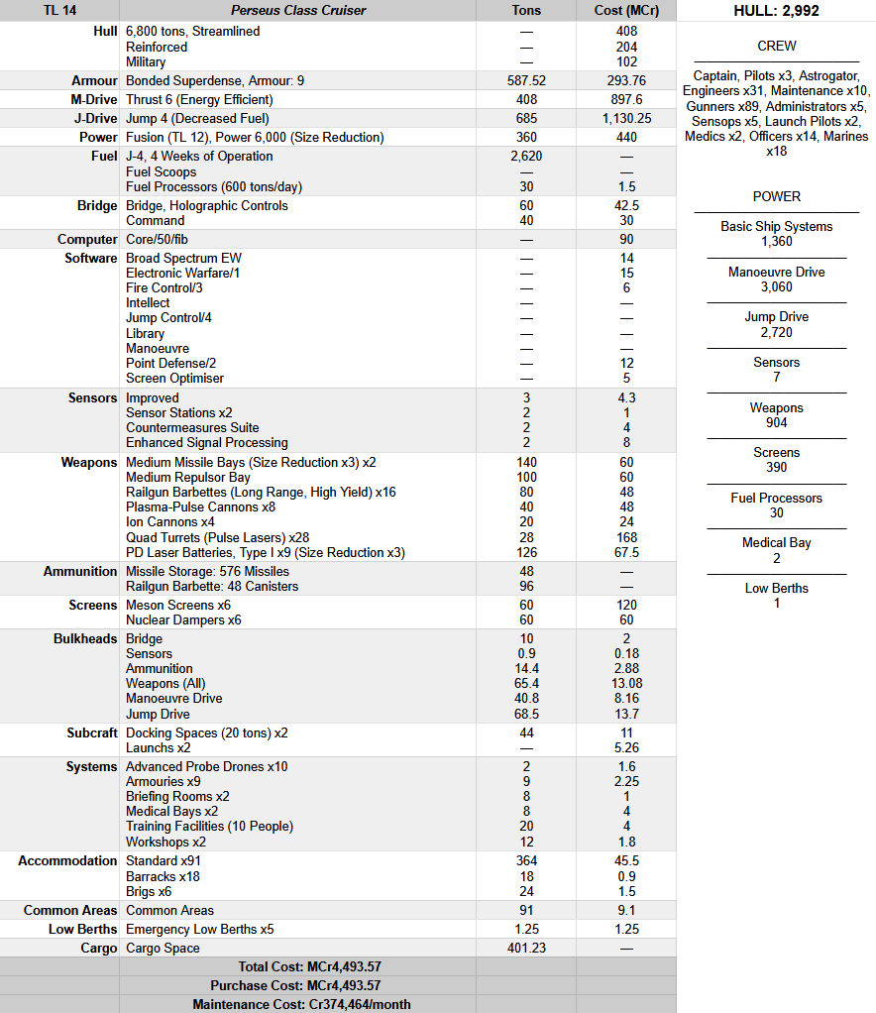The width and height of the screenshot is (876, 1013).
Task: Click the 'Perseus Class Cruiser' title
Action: [x=298, y=11]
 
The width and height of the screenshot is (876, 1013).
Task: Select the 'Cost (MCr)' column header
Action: [x=625, y=11]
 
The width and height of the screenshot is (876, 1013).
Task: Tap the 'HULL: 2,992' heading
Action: [x=776, y=11]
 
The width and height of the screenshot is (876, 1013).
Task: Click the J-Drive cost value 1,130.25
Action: [x=626, y=119]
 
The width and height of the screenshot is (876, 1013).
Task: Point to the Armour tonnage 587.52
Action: [x=526, y=81]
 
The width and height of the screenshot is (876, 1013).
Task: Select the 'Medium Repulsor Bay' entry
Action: [x=188, y=477]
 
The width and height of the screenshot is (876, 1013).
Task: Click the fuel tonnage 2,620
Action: [x=526, y=157]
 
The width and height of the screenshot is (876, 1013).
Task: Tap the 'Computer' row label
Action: [x=87, y=240]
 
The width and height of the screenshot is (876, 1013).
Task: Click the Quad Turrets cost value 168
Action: [x=626, y=537]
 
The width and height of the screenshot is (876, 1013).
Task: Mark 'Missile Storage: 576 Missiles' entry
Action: [x=207, y=571]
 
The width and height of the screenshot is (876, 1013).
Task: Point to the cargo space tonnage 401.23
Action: [x=526, y=949]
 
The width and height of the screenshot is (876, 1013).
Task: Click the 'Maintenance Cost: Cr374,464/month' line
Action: [x=301, y=1004]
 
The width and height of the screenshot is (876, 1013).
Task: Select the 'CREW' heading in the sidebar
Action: [x=776, y=46]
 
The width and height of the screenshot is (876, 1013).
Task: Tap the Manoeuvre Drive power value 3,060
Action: [x=776, y=286]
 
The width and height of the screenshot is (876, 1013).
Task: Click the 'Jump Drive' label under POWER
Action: [x=776, y=317]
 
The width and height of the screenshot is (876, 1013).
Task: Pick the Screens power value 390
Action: [x=776, y=467]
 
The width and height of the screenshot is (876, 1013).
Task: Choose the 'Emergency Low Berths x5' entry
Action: [x=199, y=930]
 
